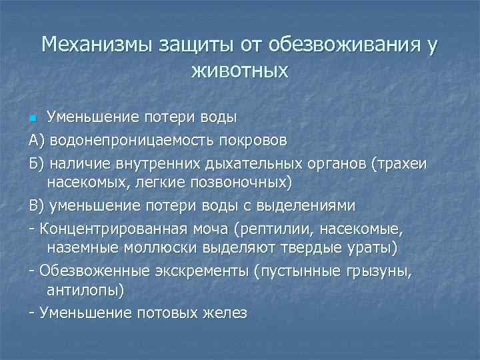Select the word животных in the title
239,69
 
